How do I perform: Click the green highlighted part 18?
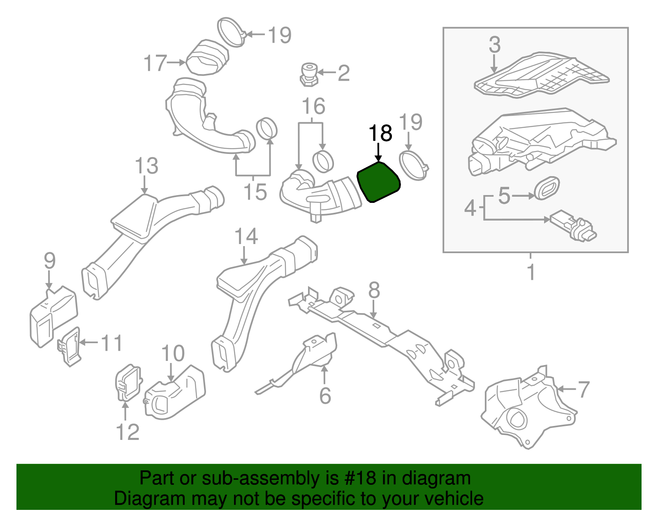pos(379,182)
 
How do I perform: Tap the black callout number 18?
pos(380,133)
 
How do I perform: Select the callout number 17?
pos(155,63)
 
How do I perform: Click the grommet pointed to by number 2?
pos(309,74)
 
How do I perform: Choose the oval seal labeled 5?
pos(547,188)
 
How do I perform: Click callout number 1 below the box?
pos(531,272)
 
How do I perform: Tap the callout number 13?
pos(146,166)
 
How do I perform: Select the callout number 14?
pos(246,237)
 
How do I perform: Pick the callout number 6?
pos(325,395)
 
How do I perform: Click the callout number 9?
pos(50,261)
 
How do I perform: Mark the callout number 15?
pos(255,192)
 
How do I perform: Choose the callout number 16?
pos(314,106)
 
